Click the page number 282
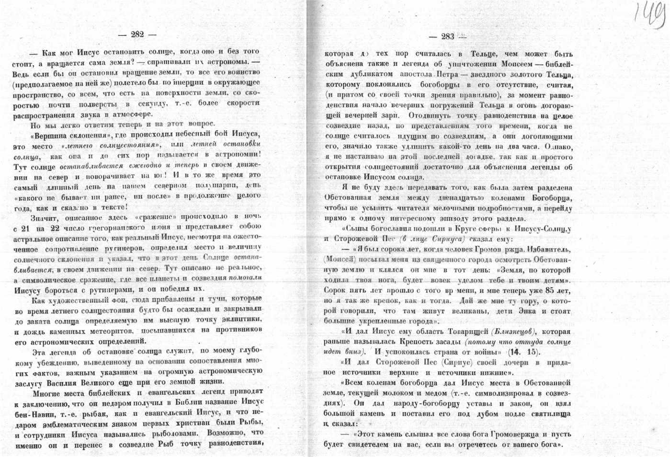pos(137,34)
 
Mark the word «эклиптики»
pos(242,320)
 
